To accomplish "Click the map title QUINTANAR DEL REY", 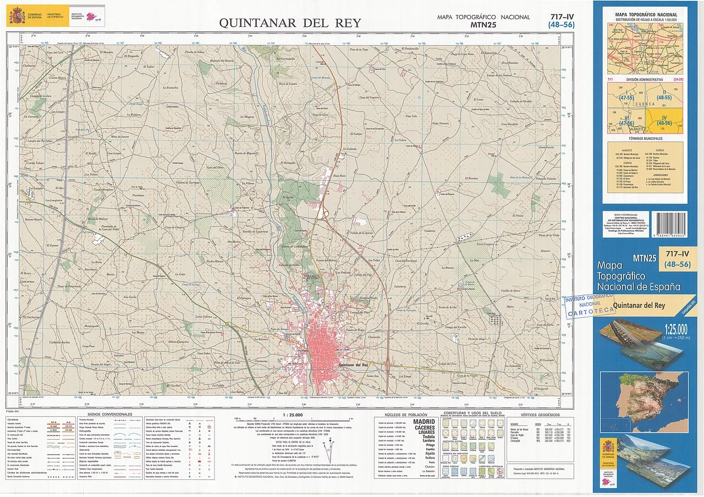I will tap(290, 23).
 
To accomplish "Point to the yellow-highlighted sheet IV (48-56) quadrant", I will tap(664, 119).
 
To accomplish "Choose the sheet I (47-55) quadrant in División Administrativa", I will tap(626, 96).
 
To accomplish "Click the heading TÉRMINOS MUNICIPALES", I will tap(645, 139).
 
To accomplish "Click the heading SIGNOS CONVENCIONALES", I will tap(110, 414).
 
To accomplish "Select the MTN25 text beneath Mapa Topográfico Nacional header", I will tap(483, 24).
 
